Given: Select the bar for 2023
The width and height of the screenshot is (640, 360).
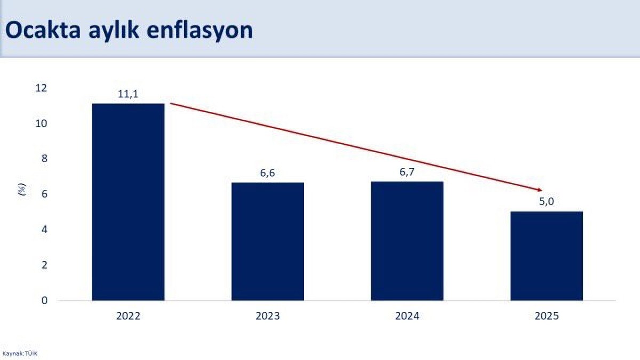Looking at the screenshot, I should coord(268,241).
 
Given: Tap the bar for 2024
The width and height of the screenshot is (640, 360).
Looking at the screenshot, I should coord(407,241).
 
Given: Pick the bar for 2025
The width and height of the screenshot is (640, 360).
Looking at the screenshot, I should coord(546,255).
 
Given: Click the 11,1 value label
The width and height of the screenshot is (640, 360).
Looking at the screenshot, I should coord(128,94).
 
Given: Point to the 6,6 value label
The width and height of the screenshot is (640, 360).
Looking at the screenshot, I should coord(268,173).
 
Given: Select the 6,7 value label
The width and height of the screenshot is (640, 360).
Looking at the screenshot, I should coord(407,172).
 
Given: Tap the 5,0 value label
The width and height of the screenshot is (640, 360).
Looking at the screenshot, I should coord(546,202).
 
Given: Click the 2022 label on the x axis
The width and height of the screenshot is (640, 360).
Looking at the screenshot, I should coord(128,316).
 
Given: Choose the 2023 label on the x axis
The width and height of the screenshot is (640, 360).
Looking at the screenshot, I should coord(268,316).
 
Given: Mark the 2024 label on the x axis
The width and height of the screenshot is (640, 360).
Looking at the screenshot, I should coord(407,316).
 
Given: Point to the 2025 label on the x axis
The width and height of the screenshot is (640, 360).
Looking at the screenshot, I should coord(546,316).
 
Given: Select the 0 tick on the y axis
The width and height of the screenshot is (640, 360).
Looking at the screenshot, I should coord(44,300).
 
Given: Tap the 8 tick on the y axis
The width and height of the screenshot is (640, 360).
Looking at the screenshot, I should coord(44,159).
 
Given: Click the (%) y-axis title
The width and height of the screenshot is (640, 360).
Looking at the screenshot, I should coord(22,190).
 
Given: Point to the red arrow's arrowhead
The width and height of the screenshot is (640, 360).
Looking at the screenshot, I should coord(539,189).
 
